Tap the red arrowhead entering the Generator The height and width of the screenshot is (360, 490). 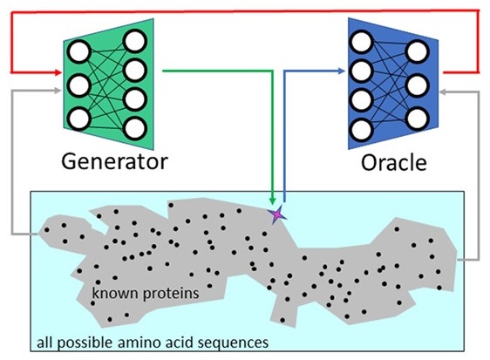(58, 70)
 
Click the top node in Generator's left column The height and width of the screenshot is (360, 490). (78, 51)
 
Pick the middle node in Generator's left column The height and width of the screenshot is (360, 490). (78, 85)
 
